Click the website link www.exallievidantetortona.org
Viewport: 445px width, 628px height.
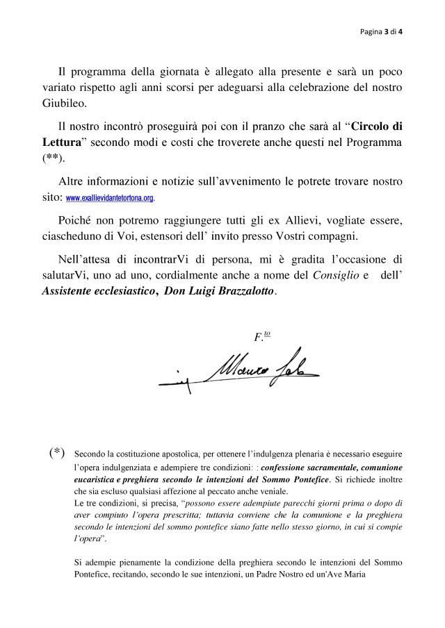110,198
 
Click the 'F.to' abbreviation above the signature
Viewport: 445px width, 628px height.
262,336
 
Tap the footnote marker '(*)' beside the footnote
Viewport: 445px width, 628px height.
57,454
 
